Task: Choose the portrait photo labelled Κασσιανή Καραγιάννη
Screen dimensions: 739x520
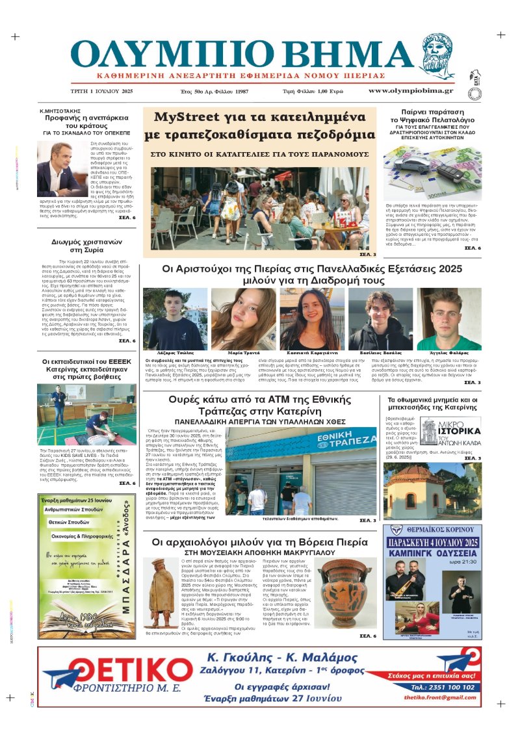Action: (x=303, y=318)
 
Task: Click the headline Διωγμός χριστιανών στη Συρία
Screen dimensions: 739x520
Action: (x=88, y=248)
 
